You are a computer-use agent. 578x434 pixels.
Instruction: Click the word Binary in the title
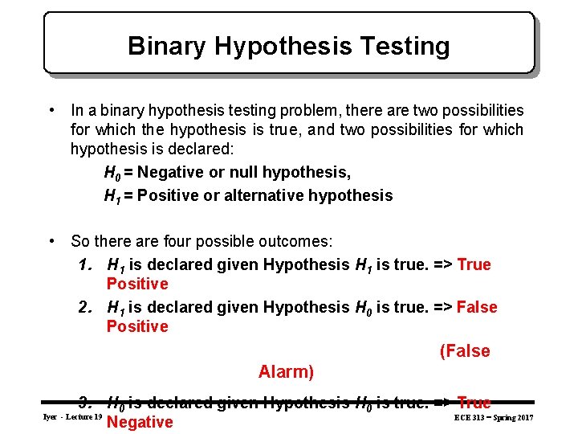pos(162,46)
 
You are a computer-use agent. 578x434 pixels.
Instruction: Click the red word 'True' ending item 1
pos(474,264)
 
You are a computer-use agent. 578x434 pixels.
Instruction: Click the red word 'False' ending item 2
pos(477,307)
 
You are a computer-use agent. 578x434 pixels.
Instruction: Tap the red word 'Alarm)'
pos(286,372)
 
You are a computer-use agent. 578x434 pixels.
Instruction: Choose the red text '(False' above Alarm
pos(464,351)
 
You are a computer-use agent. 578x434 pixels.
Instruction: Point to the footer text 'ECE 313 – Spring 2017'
pos(493,418)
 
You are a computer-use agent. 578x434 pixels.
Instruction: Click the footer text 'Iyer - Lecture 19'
pos(71,418)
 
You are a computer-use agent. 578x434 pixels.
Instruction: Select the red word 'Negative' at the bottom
pos(140,423)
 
